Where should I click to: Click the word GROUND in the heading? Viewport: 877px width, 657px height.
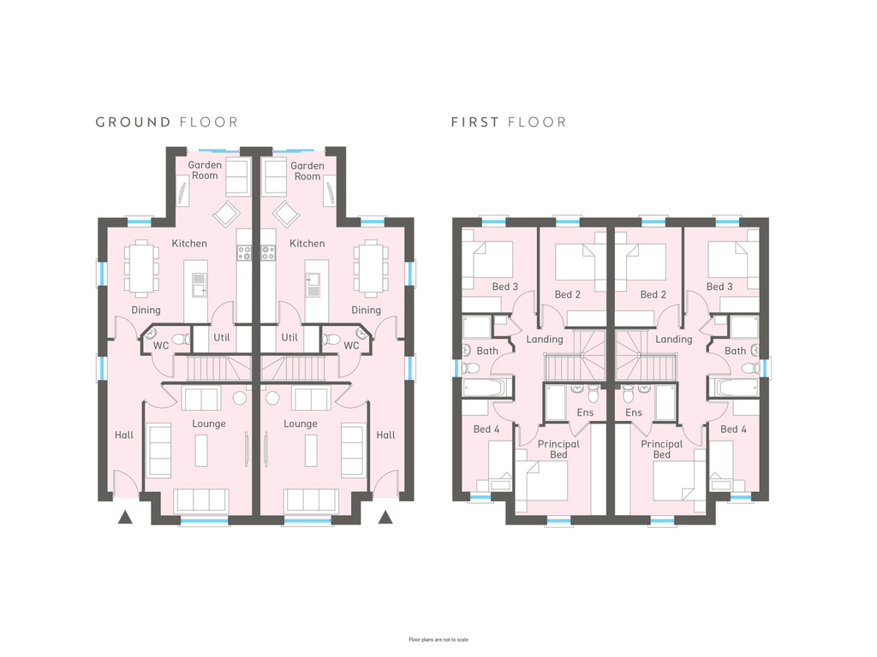133,121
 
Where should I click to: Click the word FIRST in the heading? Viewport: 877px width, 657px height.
474,121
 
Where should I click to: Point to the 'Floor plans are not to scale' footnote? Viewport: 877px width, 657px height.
438,640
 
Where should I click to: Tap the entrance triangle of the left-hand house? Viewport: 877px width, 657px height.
125,518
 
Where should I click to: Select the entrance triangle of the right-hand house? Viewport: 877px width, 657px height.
385,518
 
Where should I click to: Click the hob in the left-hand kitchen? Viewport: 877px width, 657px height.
244,253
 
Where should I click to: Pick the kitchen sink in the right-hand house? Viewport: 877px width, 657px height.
313,285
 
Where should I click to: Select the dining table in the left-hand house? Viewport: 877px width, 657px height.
141,268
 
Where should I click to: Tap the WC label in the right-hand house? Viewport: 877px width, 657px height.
351,346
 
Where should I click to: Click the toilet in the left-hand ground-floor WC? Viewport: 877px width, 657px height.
181,339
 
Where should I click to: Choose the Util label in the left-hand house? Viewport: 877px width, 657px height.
222,337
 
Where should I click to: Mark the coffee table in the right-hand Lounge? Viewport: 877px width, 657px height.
311,450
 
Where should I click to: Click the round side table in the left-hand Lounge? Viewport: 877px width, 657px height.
240,399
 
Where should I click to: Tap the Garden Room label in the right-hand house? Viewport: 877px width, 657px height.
307,171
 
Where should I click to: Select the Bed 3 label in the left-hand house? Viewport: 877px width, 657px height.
505,287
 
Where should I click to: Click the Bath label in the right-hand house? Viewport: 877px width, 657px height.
735,351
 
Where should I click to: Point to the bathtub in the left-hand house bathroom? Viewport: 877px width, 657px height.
487,388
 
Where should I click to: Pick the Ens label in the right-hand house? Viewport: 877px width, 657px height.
634,412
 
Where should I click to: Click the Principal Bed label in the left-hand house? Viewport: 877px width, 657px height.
558,449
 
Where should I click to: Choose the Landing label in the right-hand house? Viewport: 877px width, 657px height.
673,340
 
